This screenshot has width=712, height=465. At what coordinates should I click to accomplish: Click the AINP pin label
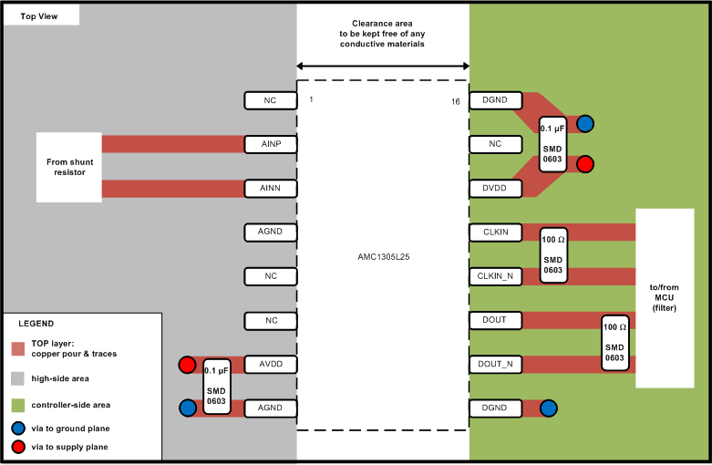pyautogui.click(x=270, y=144)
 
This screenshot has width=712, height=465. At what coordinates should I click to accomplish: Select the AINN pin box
pyautogui.click(x=270, y=189)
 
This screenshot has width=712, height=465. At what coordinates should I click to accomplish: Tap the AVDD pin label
pyautogui.click(x=270, y=365)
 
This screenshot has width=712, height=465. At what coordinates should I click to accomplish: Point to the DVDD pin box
pyautogui.click(x=495, y=189)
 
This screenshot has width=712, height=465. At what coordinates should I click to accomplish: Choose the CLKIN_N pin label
pyautogui.click(x=495, y=276)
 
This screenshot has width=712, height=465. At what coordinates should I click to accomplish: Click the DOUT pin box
pyautogui.click(x=495, y=320)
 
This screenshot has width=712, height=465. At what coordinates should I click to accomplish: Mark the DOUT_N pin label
pyautogui.click(x=495, y=365)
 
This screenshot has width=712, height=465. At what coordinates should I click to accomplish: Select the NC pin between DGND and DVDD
pyautogui.click(x=495, y=144)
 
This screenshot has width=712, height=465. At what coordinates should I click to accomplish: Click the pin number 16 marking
pyautogui.click(x=455, y=101)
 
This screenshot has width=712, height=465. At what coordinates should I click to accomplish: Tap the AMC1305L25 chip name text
pyautogui.click(x=383, y=257)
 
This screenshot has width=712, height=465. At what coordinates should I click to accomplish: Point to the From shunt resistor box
pyautogui.click(x=69, y=167)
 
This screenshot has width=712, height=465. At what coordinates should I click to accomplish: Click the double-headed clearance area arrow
pyautogui.click(x=383, y=66)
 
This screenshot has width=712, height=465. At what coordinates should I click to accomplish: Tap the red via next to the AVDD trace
pyautogui.click(x=187, y=366)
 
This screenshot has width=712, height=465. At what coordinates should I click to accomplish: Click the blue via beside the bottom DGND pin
pyautogui.click(x=548, y=408)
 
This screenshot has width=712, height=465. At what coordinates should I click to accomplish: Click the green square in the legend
pyautogui.click(x=18, y=405)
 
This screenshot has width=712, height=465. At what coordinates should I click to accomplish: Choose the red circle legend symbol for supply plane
pyautogui.click(x=18, y=447)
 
